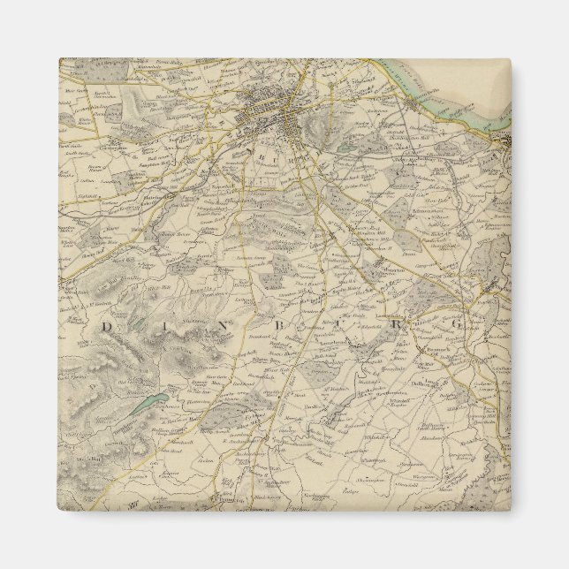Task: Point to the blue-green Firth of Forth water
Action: pos(442,97)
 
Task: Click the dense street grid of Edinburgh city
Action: pos(274,115)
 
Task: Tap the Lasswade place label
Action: pos(389,315)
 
